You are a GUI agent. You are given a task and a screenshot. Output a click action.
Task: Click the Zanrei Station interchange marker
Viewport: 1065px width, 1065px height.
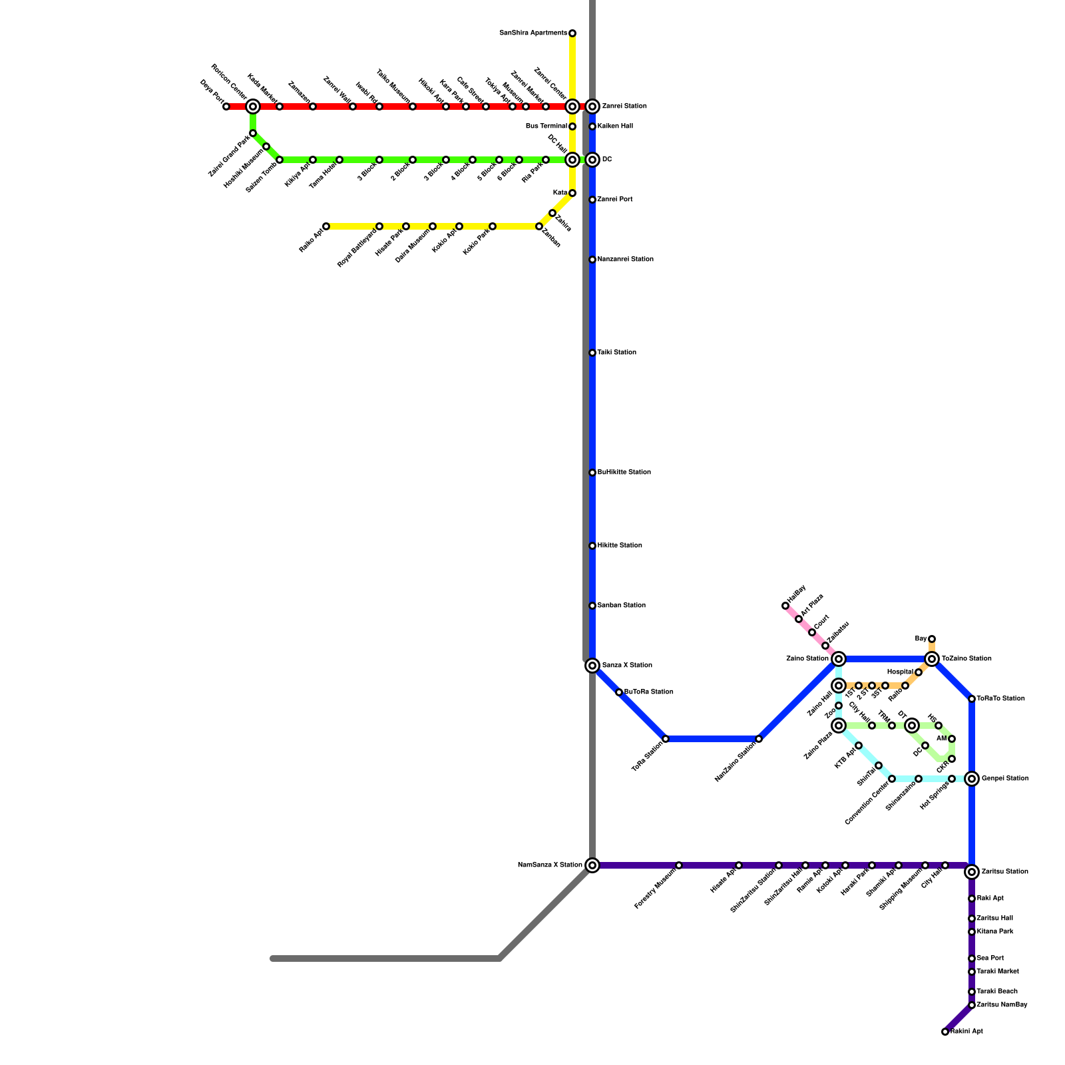(592, 106)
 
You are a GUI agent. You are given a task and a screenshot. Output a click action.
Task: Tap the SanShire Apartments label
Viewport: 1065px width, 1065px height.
(533, 33)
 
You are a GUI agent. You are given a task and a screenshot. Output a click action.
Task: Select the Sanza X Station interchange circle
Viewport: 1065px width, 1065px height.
(592, 666)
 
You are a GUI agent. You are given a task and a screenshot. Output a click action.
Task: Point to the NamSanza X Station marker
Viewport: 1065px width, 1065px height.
(592, 865)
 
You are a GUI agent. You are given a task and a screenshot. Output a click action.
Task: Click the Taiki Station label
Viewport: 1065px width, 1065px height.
(616, 353)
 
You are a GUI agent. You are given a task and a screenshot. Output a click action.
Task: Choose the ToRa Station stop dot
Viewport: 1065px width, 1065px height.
(666, 739)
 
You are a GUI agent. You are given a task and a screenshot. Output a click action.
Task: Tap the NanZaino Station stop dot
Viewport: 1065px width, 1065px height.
(759, 739)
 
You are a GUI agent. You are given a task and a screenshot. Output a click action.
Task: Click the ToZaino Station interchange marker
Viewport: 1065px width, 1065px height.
(932, 659)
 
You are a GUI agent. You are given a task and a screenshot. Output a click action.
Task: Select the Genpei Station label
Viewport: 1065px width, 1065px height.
(1005, 779)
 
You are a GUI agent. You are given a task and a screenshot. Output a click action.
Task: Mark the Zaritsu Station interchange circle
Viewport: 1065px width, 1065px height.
(972, 872)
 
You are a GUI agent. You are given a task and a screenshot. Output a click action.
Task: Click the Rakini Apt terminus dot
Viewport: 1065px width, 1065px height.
(945, 1032)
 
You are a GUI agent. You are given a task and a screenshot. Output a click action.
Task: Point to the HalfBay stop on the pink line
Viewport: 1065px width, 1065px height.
(785, 606)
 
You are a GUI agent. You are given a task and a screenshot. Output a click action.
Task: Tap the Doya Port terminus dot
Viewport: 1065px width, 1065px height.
(226, 106)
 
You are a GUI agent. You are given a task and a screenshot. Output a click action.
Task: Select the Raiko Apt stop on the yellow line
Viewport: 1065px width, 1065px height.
(326, 226)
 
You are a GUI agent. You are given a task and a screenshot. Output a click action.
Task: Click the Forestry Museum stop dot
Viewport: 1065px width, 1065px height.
(679, 865)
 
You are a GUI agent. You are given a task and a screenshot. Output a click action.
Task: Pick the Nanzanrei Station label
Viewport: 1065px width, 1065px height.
(625, 260)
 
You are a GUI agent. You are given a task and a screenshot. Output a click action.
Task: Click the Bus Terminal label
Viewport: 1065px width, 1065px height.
(546, 126)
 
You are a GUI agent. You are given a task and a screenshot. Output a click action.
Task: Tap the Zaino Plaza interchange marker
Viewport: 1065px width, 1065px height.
(839, 726)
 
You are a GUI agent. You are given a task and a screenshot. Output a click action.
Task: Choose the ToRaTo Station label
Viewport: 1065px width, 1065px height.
(1000, 699)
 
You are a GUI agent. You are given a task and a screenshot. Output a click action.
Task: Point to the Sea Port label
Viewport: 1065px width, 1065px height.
(990, 958)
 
